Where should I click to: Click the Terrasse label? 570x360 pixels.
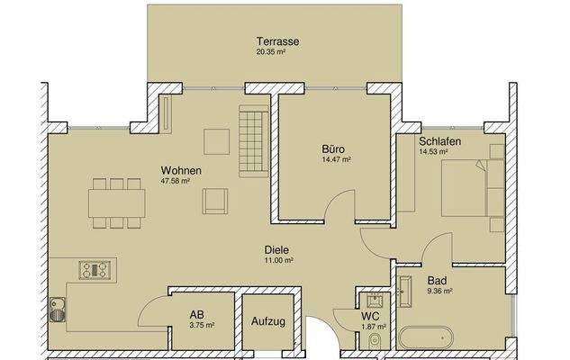click(x=276, y=41)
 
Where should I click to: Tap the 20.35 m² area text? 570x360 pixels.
click(x=276, y=52)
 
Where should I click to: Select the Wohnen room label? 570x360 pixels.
click(x=181, y=170)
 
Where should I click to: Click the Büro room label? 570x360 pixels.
click(x=333, y=149)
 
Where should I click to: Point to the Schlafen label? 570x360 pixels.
click(x=440, y=142)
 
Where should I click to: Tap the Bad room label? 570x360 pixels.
click(x=436, y=281)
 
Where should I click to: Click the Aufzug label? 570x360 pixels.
click(x=268, y=321)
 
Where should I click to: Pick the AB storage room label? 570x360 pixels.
click(x=196, y=314)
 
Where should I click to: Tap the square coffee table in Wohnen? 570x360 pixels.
click(x=215, y=143)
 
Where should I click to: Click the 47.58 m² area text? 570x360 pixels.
click(x=176, y=181)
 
